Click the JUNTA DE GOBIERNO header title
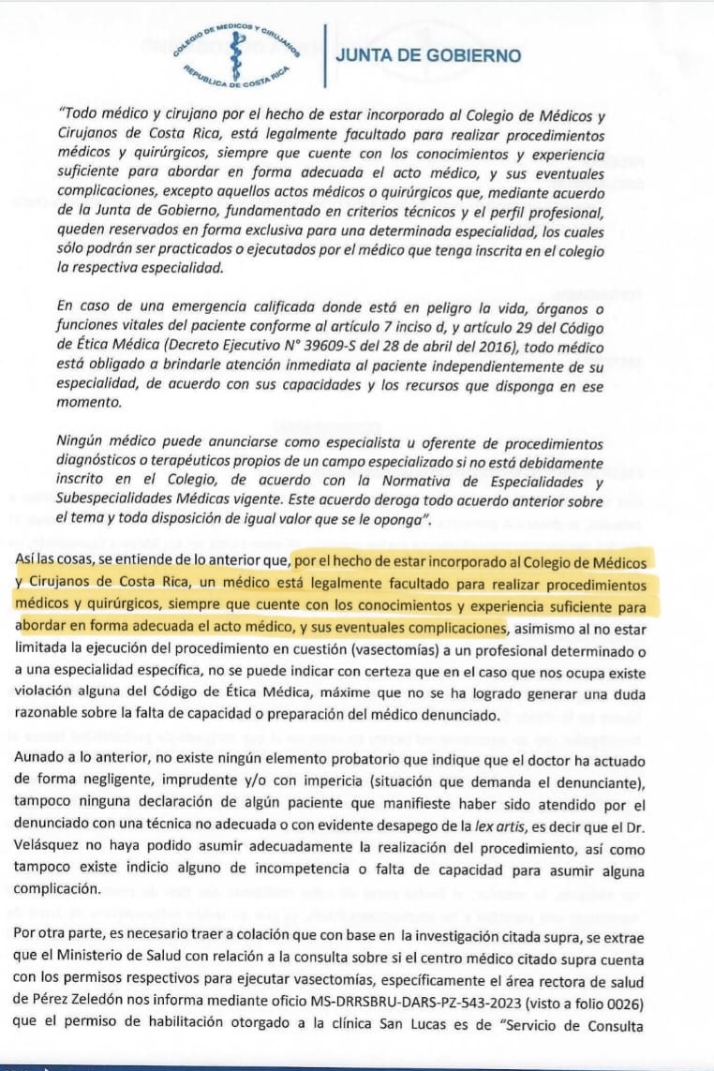click(428, 55)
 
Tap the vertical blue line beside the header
click(322, 56)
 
